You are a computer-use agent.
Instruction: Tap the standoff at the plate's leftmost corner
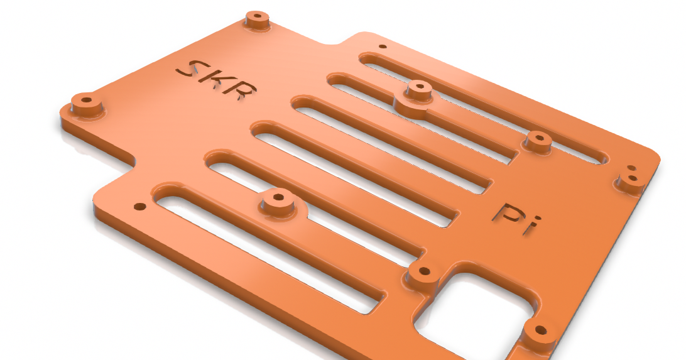[86, 102]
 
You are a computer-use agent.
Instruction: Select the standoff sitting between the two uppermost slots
[418, 90]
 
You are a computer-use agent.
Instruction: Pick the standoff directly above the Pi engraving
[538, 141]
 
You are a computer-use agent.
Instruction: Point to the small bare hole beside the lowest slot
[139, 206]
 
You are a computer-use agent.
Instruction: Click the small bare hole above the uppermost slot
[383, 46]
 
